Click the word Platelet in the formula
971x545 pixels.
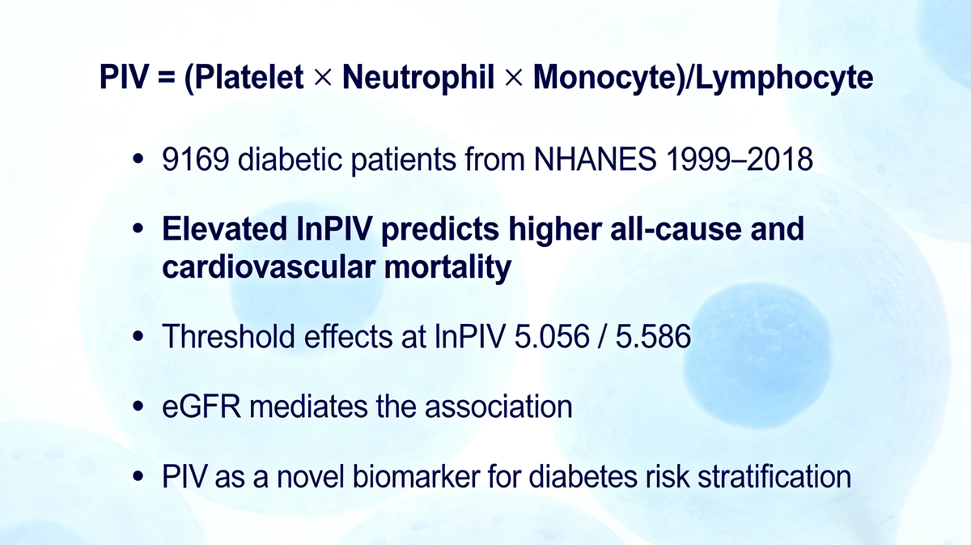point(249,77)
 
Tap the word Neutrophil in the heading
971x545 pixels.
point(418,77)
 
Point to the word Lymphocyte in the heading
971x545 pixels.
point(784,77)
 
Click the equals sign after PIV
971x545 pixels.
point(167,78)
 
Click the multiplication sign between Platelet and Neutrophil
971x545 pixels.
point(323,78)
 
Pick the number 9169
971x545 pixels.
point(196,160)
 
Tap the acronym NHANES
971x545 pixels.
point(596,160)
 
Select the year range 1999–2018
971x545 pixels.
point(739,160)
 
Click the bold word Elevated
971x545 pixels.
point(225,228)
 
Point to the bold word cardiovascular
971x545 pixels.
point(269,267)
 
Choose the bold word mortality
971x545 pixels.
point(447,268)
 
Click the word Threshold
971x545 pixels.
point(228,336)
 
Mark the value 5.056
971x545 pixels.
point(552,336)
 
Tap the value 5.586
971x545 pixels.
point(653,336)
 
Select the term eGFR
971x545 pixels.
point(201,407)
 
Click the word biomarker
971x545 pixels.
point(416,476)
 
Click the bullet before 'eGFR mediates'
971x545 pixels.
point(138,407)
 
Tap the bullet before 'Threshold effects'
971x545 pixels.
point(138,336)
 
